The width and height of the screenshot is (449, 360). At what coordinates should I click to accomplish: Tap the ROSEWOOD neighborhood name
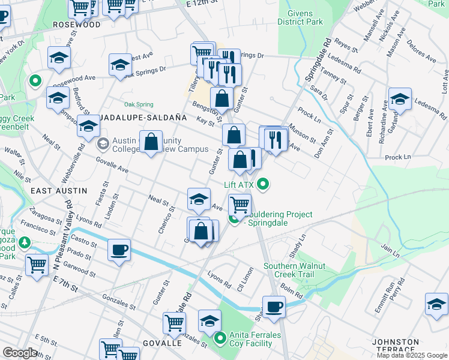(77, 25)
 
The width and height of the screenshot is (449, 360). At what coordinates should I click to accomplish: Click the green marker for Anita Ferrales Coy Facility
(220, 339)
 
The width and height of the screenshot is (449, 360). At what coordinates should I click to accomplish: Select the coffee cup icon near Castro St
(119, 249)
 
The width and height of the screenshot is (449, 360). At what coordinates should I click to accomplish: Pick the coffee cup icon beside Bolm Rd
(274, 306)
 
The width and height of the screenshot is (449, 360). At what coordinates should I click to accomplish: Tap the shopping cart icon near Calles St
(37, 263)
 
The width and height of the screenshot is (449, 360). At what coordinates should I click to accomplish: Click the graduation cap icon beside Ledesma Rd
(400, 98)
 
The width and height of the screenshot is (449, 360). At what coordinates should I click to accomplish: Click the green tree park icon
(25, 243)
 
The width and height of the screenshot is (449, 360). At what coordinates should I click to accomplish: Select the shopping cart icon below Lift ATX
(240, 205)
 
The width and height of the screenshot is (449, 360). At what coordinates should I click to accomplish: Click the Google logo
(20, 353)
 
